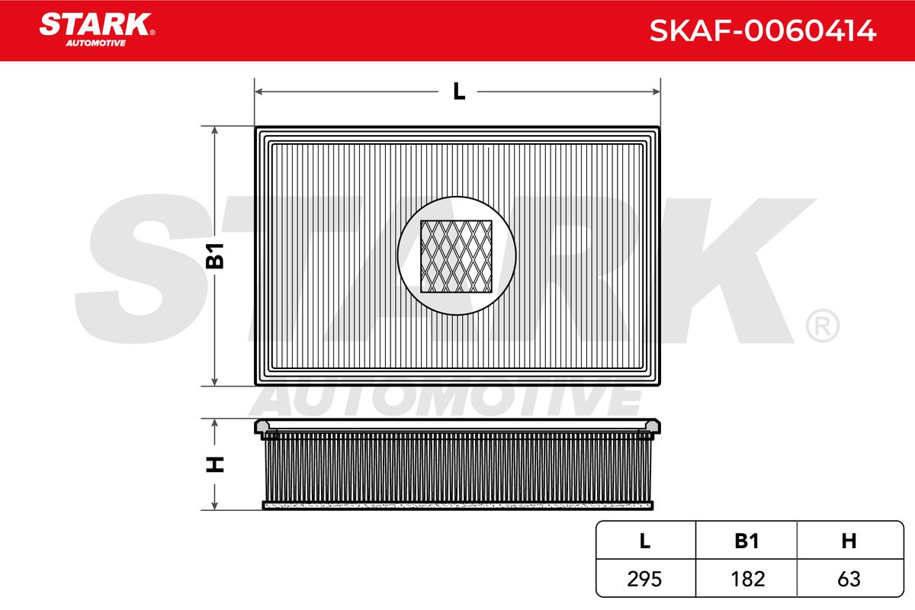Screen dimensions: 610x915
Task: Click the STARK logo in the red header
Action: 95,24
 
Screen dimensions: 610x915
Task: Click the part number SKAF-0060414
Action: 762,31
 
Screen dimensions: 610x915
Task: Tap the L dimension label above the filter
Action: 458,91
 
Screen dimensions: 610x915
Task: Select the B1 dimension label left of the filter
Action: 216,256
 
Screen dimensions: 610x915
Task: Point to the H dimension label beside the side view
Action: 216,464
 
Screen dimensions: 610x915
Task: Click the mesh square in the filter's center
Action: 457,256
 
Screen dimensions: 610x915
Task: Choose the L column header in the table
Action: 645,541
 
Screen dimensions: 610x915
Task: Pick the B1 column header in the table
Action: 746,541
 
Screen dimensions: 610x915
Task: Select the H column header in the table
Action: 849,541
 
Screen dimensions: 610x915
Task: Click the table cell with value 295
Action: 645,579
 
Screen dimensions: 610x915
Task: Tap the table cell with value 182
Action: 746,579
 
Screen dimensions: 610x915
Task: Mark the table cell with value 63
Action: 849,579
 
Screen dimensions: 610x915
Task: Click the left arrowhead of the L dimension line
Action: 258,91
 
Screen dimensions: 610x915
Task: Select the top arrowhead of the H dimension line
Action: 216,422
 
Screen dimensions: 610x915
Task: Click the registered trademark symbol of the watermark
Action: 822,326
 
